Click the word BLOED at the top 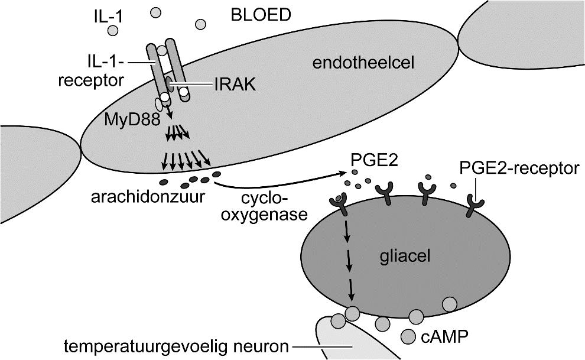(x=261, y=14)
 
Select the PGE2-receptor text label (x=518, y=168)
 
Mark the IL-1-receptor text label (x=91, y=70)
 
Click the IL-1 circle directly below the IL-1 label (x=113, y=30)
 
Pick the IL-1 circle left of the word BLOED (x=201, y=24)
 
